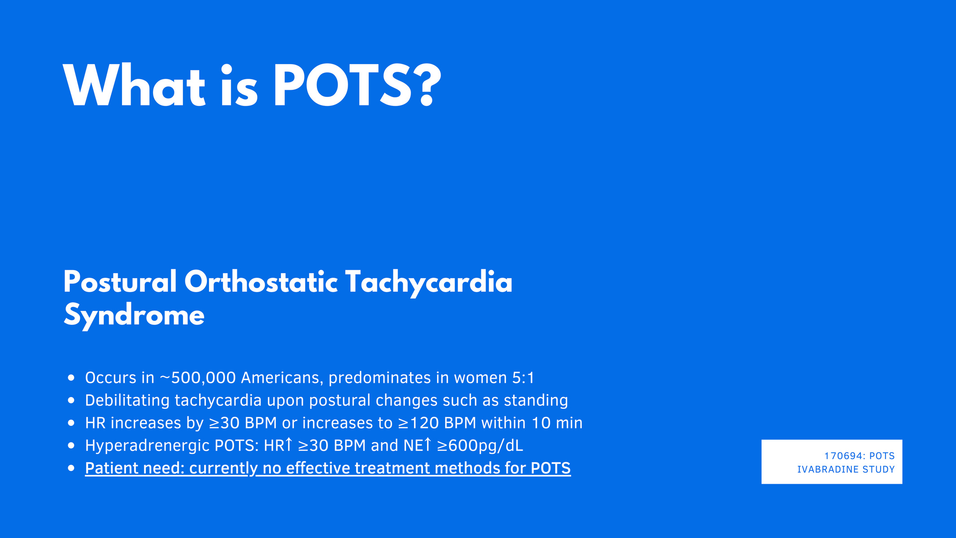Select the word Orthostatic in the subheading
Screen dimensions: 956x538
[x=261, y=283]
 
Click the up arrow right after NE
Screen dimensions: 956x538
[x=428, y=445]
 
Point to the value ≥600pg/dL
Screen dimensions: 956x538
[x=480, y=446]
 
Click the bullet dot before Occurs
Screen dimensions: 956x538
[x=71, y=378]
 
